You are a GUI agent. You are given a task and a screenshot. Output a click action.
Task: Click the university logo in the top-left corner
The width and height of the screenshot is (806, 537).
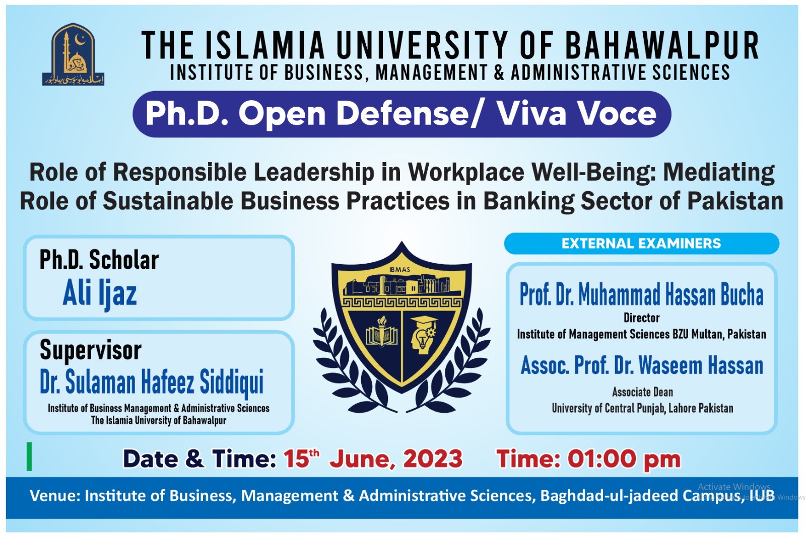pyautogui.click(x=73, y=54)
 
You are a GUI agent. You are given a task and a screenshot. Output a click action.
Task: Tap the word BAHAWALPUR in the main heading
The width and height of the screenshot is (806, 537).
pyautogui.click(x=662, y=45)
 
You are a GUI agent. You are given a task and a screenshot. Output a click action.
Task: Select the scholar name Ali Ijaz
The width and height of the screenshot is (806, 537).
pyautogui.click(x=100, y=293)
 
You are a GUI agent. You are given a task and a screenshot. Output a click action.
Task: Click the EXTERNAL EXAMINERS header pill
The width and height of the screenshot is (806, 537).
pyautogui.click(x=641, y=244)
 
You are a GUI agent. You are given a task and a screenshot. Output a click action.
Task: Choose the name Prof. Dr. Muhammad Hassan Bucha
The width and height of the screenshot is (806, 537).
pyautogui.click(x=641, y=294)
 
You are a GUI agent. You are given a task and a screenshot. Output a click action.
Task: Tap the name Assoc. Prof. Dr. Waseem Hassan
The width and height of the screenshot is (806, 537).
pyautogui.click(x=642, y=365)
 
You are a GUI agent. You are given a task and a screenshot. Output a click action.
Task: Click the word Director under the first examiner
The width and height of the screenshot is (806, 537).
pyautogui.click(x=641, y=318)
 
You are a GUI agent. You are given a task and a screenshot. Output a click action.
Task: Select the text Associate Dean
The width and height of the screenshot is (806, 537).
pyautogui.click(x=642, y=392)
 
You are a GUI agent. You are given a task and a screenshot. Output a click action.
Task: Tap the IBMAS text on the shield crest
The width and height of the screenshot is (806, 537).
pyautogui.click(x=399, y=270)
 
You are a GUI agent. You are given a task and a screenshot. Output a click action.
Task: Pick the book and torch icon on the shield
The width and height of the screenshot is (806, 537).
pyautogui.click(x=382, y=333)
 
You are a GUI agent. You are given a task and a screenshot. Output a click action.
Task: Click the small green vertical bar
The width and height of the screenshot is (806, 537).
pyautogui.click(x=29, y=456)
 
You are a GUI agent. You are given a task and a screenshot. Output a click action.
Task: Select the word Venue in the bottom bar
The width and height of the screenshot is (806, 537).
pyautogui.click(x=52, y=496)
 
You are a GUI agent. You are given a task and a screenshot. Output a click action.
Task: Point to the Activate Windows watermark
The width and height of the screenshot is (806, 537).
pyautogui.click(x=733, y=487)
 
